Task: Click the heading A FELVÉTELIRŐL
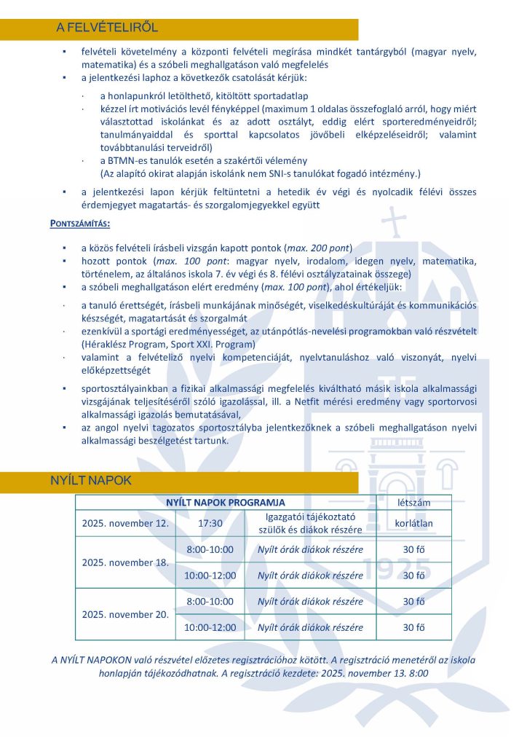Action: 107,28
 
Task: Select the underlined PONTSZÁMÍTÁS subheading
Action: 80,224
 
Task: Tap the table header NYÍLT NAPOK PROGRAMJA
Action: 226,503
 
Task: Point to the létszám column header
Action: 413,503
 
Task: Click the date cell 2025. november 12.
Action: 125,523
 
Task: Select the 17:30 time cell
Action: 210,523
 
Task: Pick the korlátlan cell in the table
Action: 413,523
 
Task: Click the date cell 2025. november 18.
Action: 125,562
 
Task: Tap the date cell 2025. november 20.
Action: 125,614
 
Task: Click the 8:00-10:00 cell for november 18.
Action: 210,549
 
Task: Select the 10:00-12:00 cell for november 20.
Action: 210,627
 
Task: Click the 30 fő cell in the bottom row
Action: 413,627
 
